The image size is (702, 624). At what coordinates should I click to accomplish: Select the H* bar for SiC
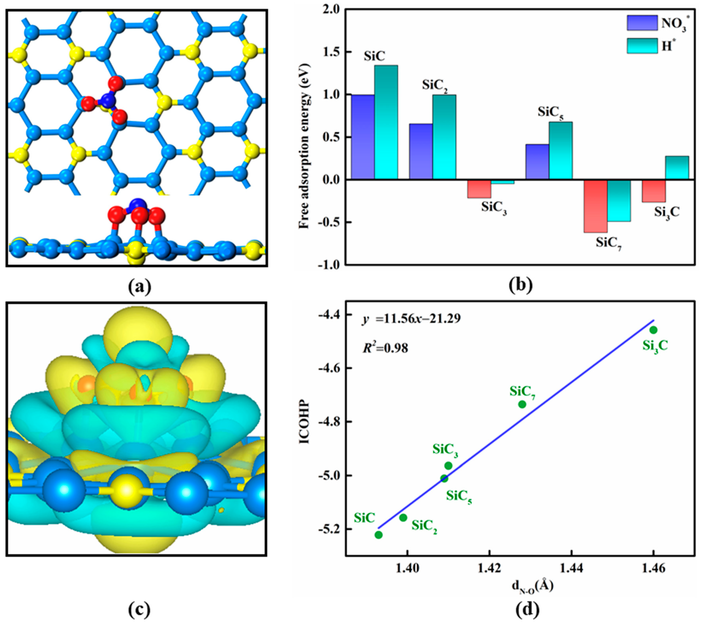tap(386, 122)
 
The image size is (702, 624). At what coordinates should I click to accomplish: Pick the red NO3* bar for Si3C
tap(654, 191)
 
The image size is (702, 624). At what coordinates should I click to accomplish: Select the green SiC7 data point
tap(522, 404)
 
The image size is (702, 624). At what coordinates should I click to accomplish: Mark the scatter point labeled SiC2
tap(403, 518)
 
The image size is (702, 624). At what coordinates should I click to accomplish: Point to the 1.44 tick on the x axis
tap(571, 569)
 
